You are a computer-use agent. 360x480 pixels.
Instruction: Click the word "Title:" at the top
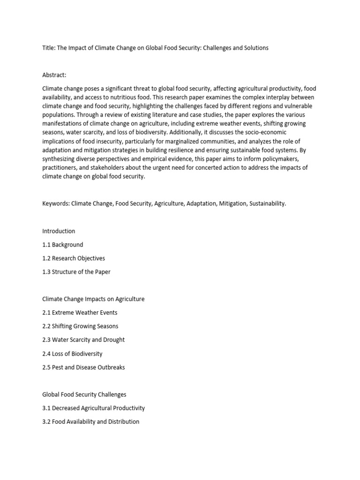pos(49,48)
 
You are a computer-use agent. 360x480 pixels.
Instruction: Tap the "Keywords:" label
pos(56,204)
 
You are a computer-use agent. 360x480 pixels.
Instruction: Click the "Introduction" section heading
pos(59,231)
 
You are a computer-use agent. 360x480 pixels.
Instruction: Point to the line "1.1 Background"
pos(62,245)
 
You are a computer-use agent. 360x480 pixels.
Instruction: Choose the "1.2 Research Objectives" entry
pos(74,258)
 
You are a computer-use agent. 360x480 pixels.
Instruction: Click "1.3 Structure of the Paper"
pos(76,272)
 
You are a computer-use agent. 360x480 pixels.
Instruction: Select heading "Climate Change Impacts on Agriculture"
pos(93,299)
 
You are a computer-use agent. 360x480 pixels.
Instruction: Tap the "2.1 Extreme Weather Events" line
pos(80,313)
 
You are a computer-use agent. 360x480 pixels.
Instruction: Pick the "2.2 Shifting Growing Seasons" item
pos(80,326)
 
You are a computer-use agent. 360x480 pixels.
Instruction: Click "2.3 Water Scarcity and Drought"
pos(83,340)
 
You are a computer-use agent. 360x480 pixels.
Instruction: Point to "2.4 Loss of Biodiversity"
pos(72,353)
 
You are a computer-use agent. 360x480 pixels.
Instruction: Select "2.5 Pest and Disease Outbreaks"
pos(83,367)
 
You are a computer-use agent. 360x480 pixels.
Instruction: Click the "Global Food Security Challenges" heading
pos(84,394)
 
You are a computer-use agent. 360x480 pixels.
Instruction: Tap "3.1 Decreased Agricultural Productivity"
pos(93,408)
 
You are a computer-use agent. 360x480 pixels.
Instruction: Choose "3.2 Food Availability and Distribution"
pos(90,421)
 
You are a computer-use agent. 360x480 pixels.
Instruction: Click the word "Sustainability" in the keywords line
pos(267,204)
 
